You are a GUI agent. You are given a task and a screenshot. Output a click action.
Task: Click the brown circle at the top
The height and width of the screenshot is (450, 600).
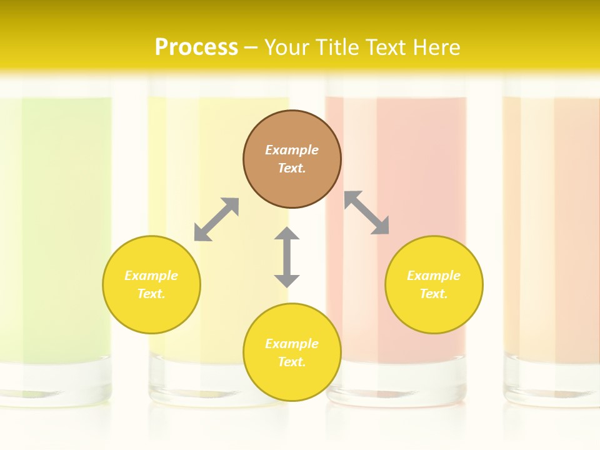pyautogui.click(x=292, y=159)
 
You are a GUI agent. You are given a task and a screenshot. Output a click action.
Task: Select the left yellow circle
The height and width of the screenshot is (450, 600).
pyautogui.click(x=151, y=284)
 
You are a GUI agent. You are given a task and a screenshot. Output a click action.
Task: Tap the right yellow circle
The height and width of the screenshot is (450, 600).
pyautogui.click(x=434, y=284)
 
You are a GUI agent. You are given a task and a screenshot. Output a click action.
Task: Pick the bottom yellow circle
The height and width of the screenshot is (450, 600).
pyautogui.click(x=292, y=352)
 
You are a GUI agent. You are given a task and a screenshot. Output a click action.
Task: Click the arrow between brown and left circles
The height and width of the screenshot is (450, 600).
pyautogui.click(x=216, y=219)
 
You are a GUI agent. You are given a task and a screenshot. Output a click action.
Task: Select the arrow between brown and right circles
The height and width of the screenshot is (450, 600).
pyautogui.click(x=367, y=212)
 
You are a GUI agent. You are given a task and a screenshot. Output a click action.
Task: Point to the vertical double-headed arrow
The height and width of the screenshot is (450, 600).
pyautogui.click(x=287, y=257)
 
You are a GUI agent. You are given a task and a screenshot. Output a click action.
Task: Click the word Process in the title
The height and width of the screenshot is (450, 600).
pyautogui.click(x=196, y=47)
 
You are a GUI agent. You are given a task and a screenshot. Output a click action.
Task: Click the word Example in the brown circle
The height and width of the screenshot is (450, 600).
pyautogui.click(x=292, y=150)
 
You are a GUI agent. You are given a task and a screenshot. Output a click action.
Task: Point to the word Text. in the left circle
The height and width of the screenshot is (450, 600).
pyautogui.click(x=151, y=294)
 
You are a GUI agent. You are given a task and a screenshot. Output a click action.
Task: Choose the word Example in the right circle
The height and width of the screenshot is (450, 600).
pyautogui.click(x=434, y=276)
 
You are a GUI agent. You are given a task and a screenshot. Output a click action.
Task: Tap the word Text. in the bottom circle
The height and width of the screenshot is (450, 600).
pyautogui.click(x=292, y=362)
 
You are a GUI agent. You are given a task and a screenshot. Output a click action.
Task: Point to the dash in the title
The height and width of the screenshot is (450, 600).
pyautogui.click(x=251, y=47)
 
